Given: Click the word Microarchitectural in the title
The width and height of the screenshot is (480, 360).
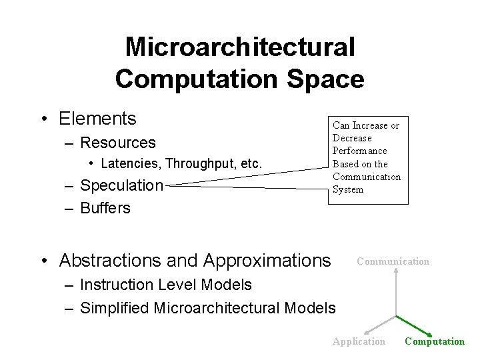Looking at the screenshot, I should [x=240, y=47].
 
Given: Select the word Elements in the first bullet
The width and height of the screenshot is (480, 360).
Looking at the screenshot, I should [x=97, y=119].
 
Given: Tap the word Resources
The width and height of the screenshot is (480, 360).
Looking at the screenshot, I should [x=117, y=143].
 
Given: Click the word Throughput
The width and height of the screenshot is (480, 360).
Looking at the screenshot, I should [x=199, y=163].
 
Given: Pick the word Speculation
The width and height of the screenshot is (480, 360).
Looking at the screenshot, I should [x=121, y=185].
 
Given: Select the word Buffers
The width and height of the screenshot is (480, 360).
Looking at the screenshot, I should [x=105, y=208].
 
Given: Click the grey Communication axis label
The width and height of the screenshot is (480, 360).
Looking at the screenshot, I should [x=393, y=261].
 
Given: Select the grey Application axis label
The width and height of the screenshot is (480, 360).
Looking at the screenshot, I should [x=359, y=341].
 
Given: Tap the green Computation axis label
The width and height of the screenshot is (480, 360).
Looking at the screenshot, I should [x=435, y=341].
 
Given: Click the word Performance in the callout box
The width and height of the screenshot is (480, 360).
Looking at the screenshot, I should [x=359, y=151].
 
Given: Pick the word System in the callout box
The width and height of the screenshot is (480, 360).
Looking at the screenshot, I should [x=348, y=189].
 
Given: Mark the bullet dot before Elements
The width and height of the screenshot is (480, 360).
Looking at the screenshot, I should [x=43, y=120].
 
